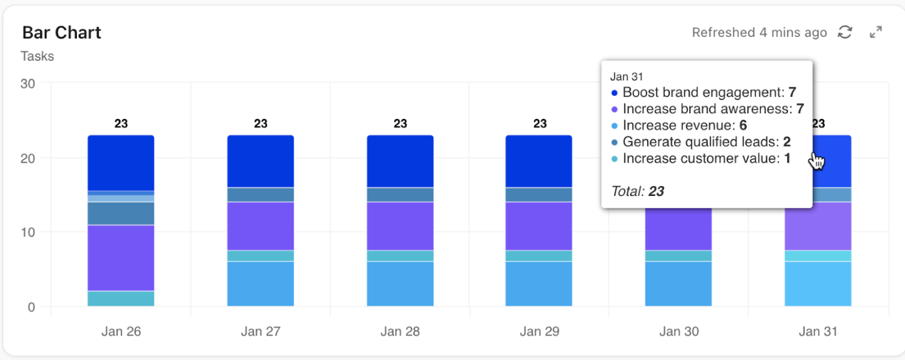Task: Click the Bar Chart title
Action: point(62,33)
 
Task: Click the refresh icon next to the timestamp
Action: point(845,32)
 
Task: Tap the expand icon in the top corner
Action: point(876,32)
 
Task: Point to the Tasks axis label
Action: point(37,56)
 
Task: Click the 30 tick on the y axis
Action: point(27,83)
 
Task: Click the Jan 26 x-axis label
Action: point(121,332)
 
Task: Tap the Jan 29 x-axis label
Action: point(539,332)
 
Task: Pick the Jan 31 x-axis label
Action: point(818,332)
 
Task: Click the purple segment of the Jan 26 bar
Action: point(121,258)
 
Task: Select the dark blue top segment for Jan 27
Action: point(261,161)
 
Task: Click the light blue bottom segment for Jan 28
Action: point(400,284)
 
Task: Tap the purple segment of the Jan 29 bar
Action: point(539,226)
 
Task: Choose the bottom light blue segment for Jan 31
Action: point(818,284)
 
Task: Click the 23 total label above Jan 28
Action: point(400,123)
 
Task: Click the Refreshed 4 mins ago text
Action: point(759,32)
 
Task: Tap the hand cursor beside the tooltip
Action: point(817,162)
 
